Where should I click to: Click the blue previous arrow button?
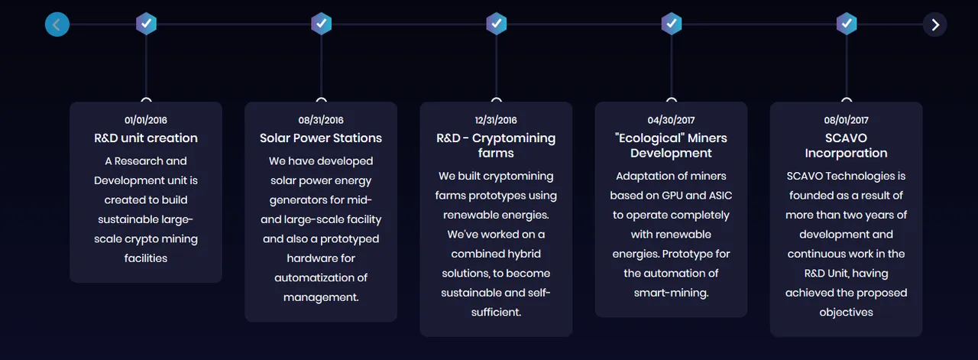click(x=57, y=24)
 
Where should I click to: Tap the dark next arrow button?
click(x=934, y=24)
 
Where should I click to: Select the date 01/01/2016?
click(x=146, y=120)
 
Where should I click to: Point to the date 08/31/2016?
click(x=321, y=120)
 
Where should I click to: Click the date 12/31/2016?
click(x=496, y=120)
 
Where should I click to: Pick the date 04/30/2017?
click(x=671, y=120)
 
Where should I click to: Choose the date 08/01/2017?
click(x=846, y=120)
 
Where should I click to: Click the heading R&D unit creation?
click(x=146, y=138)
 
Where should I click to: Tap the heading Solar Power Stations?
click(x=321, y=138)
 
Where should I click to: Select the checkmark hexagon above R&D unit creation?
click(x=146, y=24)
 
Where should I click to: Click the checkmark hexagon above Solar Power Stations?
click(x=322, y=24)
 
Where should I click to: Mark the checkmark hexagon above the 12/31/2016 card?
click(x=497, y=24)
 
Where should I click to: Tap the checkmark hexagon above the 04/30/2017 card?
click(x=672, y=24)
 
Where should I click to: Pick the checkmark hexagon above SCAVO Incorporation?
click(x=847, y=24)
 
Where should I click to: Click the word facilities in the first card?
click(x=146, y=258)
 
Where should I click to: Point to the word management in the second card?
click(x=320, y=297)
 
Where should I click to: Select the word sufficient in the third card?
click(x=495, y=312)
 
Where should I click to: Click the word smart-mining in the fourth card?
click(x=670, y=293)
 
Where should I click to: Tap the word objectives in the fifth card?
click(x=846, y=313)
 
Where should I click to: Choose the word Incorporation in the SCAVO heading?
click(x=846, y=153)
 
